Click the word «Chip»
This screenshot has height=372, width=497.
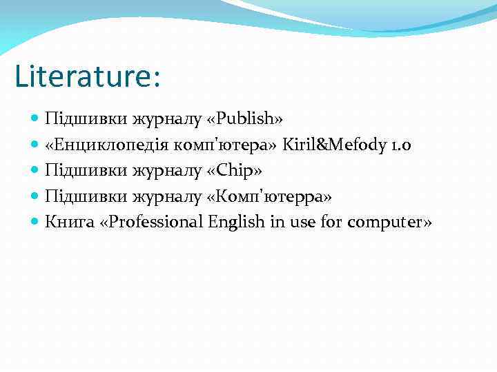tap(234, 170)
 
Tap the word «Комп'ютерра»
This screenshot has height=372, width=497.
tap(269, 196)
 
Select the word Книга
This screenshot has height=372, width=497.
tap(66, 222)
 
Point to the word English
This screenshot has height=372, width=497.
tap(237, 222)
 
